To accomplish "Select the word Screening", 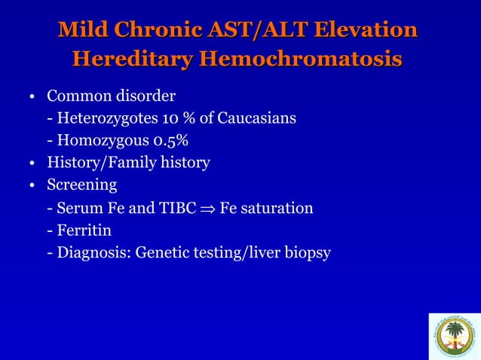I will pos(81,185).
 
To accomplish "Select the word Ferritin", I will pos(86,230).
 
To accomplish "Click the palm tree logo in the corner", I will pos(453,336).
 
